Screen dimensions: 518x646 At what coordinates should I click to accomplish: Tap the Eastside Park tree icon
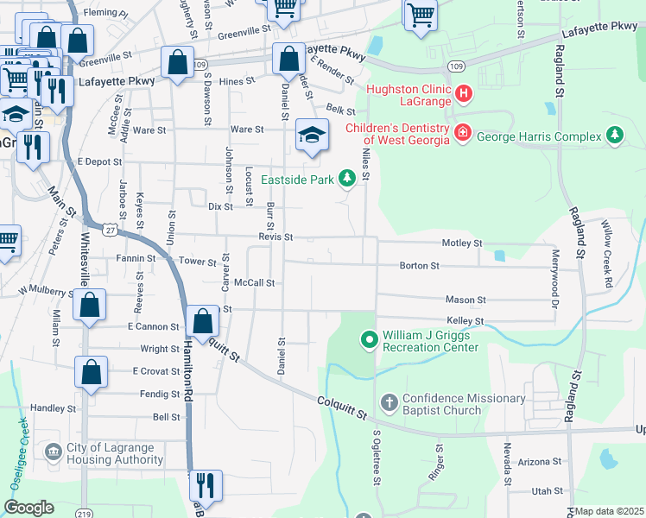point(346,179)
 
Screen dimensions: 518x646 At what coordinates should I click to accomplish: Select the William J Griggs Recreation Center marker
point(369,340)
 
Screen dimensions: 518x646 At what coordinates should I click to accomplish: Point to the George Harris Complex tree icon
point(614,136)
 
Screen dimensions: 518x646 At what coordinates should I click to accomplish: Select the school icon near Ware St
point(312,135)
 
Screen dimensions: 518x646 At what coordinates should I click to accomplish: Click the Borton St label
point(420,266)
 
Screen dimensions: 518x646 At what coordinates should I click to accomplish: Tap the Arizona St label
point(546,462)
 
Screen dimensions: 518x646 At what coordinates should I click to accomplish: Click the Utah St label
point(547,490)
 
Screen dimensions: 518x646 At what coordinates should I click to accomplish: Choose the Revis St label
point(275,237)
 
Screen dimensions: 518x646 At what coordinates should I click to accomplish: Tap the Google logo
point(29,508)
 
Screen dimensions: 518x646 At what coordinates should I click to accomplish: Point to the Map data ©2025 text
point(609,511)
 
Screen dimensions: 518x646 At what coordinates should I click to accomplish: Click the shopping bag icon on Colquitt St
point(202,321)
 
